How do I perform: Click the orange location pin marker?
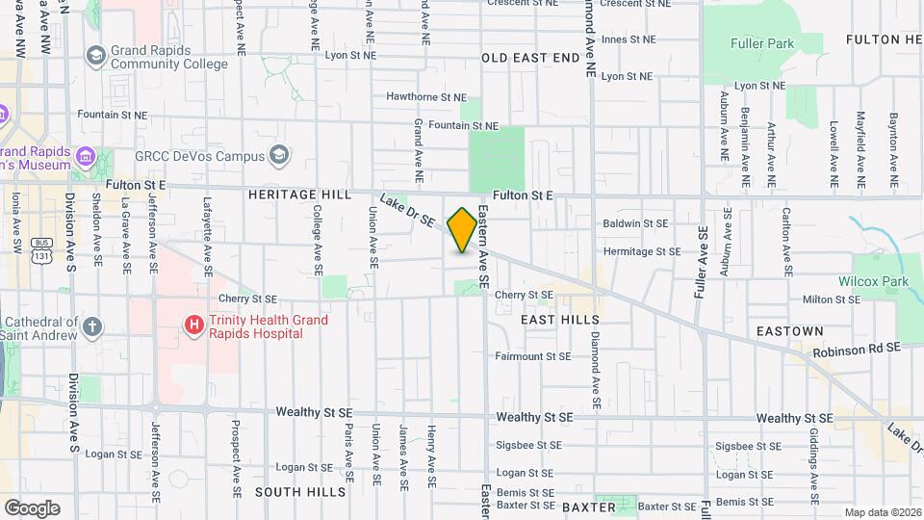pos(462,230)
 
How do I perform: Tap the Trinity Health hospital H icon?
pos(193,325)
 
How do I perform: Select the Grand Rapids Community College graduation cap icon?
pos(95,55)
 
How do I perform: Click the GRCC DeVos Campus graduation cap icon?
pos(279,155)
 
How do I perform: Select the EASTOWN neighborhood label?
pos(789,331)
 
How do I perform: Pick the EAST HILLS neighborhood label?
pos(559,320)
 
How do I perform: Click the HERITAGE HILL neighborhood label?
pos(299,195)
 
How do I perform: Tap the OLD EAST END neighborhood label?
pos(530,59)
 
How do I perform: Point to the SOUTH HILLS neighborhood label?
pos(299,492)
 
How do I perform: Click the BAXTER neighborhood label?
pos(588,506)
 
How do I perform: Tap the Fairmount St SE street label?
pos(533,356)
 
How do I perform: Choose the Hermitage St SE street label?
pos(641,251)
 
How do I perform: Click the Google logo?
pos(32,507)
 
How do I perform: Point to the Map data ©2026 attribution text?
pos(882,512)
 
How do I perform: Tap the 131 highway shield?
pos(40,256)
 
